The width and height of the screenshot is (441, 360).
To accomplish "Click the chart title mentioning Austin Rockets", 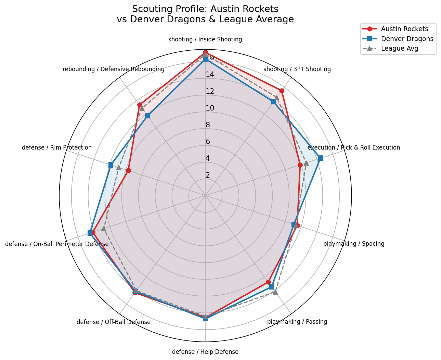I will [x=205, y=14].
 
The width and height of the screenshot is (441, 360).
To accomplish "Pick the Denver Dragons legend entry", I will [x=407, y=39].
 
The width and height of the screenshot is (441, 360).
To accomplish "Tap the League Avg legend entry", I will [x=400, y=48].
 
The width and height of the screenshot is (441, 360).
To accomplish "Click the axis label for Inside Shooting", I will [x=205, y=39].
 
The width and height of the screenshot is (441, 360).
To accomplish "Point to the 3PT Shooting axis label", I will [x=297, y=69].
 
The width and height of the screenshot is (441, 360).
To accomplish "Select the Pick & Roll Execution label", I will [x=354, y=147].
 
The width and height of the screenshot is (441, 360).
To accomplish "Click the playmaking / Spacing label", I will [x=354, y=244].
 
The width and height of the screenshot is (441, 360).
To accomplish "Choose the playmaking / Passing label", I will [x=297, y=322].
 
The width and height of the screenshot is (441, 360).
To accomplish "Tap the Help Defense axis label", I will [x=205, y=352].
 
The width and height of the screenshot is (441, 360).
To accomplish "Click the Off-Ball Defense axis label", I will [x=114, y=322].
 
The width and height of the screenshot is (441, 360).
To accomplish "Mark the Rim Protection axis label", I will [x=57, y=147].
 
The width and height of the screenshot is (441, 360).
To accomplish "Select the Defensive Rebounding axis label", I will [x=114, y=69].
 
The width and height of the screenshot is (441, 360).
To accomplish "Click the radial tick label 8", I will [x=208, y=125].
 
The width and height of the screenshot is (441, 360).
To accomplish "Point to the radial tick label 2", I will [x=208, y=175].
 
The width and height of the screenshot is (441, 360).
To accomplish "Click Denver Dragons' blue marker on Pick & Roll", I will [x=320, y=158].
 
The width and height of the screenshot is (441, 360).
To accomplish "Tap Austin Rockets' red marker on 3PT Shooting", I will [x=282, y=91].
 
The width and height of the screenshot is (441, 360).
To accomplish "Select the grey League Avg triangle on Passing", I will [x=275, y=292].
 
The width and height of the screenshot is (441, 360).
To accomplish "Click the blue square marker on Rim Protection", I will [x=111, y=165].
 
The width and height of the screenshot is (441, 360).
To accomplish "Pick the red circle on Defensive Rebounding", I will [x=140, y=105].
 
